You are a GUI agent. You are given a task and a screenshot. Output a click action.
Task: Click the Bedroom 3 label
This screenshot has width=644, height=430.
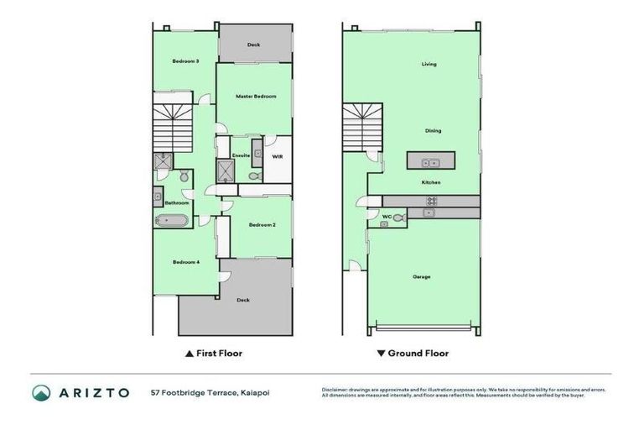185,60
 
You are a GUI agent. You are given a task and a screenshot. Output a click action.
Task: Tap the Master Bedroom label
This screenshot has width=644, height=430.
256,97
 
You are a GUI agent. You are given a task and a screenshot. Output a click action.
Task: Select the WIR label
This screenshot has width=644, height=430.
277,155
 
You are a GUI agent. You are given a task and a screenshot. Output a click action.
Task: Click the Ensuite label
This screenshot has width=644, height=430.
241,155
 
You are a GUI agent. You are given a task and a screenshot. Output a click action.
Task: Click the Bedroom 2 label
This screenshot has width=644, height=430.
262,224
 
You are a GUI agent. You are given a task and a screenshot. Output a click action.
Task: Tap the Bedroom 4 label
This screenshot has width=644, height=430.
185,262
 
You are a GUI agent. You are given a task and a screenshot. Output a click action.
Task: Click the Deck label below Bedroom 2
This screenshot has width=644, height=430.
243,300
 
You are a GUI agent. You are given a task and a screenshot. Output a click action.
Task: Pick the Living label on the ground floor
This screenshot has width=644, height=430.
428,64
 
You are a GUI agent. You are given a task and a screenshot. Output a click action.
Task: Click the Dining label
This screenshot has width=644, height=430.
433,131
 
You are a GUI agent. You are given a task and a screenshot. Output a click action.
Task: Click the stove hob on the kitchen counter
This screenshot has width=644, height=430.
432,201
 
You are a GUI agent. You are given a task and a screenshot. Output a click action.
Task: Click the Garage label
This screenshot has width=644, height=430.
422,276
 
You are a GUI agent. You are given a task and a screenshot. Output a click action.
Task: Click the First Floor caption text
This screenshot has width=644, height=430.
218,354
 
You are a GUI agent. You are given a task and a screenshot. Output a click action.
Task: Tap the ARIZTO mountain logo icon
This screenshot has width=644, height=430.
41,392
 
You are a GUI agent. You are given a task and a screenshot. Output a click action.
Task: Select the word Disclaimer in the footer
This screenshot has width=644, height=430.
335,390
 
